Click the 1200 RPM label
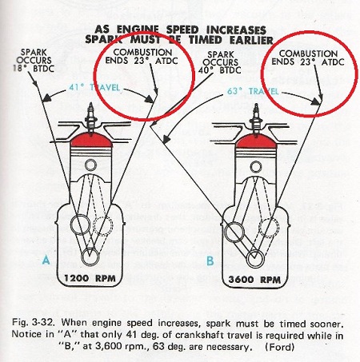(x=90, y=278)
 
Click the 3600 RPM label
(x=254, y=280)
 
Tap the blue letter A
(x=46, y=260)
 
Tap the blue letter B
(x=210, y=261)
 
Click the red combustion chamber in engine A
(x=91, y=140)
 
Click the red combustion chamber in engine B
(x=256, y=141)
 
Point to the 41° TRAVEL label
(x=94, y=87)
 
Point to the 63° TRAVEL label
(x=253, y=91)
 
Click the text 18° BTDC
(x=34, y=69)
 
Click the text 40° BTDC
(x=219, y=70)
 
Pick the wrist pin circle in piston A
(x=90, y=165)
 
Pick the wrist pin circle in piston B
(x=256, y=167)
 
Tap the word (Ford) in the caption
(x=280, y=347)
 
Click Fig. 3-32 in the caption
(x=34, y=323)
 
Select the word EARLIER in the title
(x=251, y=40)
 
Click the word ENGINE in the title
(x=138, y=30)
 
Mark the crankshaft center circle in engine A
(x=90, y=257)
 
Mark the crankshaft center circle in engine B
(x=255, y=259)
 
